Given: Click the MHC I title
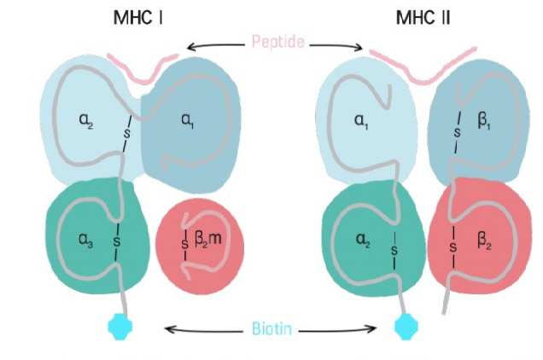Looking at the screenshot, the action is pyautogui.click(x=137, y=18).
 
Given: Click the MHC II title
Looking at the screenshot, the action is pyautogui.click(x=423, y=18).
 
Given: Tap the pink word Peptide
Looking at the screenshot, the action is pyautogui.click(x=278, y=42).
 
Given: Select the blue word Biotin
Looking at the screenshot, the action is pyautogui.click(x=271, y=328).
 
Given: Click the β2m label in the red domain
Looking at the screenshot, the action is pyautogui.click(x=207, y=239).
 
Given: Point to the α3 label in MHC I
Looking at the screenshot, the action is pyautogui.click(x=86, y=240).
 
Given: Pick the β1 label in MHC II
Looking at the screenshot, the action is pyautogui.click(x=484, y=121).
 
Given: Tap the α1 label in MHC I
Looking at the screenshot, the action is pyautogui.click(x=187, y=121).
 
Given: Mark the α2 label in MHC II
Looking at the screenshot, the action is pyautogui.click(x=363, y=240).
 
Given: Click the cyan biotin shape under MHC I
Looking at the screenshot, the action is pyautogui.click(x=120, y=327).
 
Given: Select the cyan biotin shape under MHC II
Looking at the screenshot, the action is pyautogui.click(x=406, y=327).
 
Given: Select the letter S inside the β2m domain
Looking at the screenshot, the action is pyautogui.click(x=185, y=244).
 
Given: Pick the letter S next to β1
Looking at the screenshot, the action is pyautogui.click(x=458, y=132).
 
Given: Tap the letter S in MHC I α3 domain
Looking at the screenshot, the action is pyautogui.click(x=117, y=241).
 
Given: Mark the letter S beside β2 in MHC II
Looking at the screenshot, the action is pyautogui.click(x=453, y=247).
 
